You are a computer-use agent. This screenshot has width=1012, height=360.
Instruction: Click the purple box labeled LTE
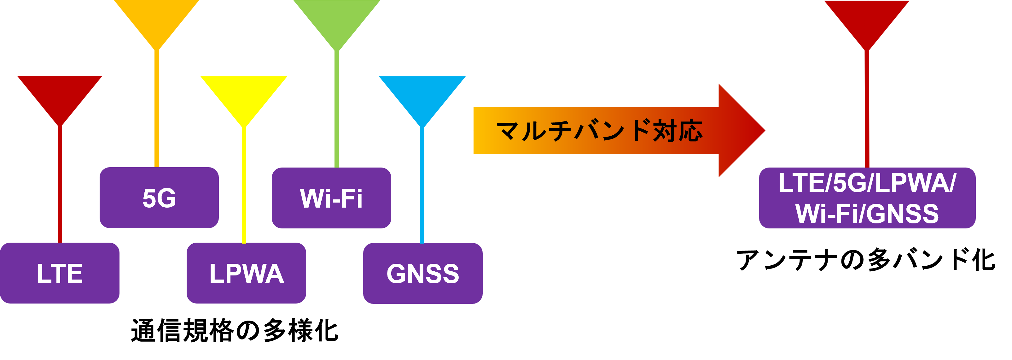(60, 273)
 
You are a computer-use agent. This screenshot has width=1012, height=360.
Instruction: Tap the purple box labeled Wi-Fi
(331, 198)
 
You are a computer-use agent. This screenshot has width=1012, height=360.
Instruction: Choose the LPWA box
(246, 273)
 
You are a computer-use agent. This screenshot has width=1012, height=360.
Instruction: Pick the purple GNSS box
(423, 274)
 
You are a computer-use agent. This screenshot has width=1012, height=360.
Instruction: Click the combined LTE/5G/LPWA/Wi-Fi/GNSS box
(867, 198)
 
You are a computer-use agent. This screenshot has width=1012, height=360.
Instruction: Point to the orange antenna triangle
(157, 20)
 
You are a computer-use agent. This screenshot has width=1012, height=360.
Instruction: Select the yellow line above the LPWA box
(244, 185)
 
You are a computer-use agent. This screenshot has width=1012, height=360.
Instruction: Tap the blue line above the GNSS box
(422, 185)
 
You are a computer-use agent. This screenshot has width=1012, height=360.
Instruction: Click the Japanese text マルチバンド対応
(599, 131)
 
